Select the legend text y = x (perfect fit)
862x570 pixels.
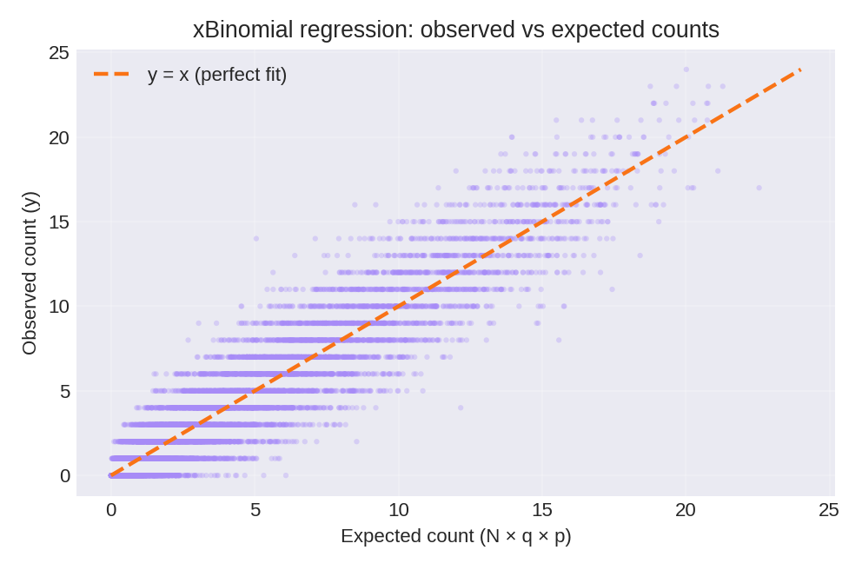pos(216,75)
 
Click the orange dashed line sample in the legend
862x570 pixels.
pos(111,75)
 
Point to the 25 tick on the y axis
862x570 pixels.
pos(59,53)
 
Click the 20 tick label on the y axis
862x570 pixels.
pos(59,137)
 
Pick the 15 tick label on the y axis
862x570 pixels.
pos(59,222)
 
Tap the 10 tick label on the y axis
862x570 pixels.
pos(59,306)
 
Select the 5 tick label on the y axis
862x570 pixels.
pos(64,391)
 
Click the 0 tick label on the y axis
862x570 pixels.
pos(64,475)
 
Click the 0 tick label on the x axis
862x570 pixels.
pos(111,510)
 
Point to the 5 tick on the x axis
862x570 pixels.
pos(255,510)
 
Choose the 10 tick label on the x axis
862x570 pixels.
pos(398,510)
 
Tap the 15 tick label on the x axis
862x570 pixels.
pos(541,510)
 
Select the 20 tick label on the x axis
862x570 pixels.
pos(686,510)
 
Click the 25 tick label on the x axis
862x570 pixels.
pos(829,510)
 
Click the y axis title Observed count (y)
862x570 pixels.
pos(30,274)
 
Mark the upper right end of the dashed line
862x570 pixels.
pos(800,70)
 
